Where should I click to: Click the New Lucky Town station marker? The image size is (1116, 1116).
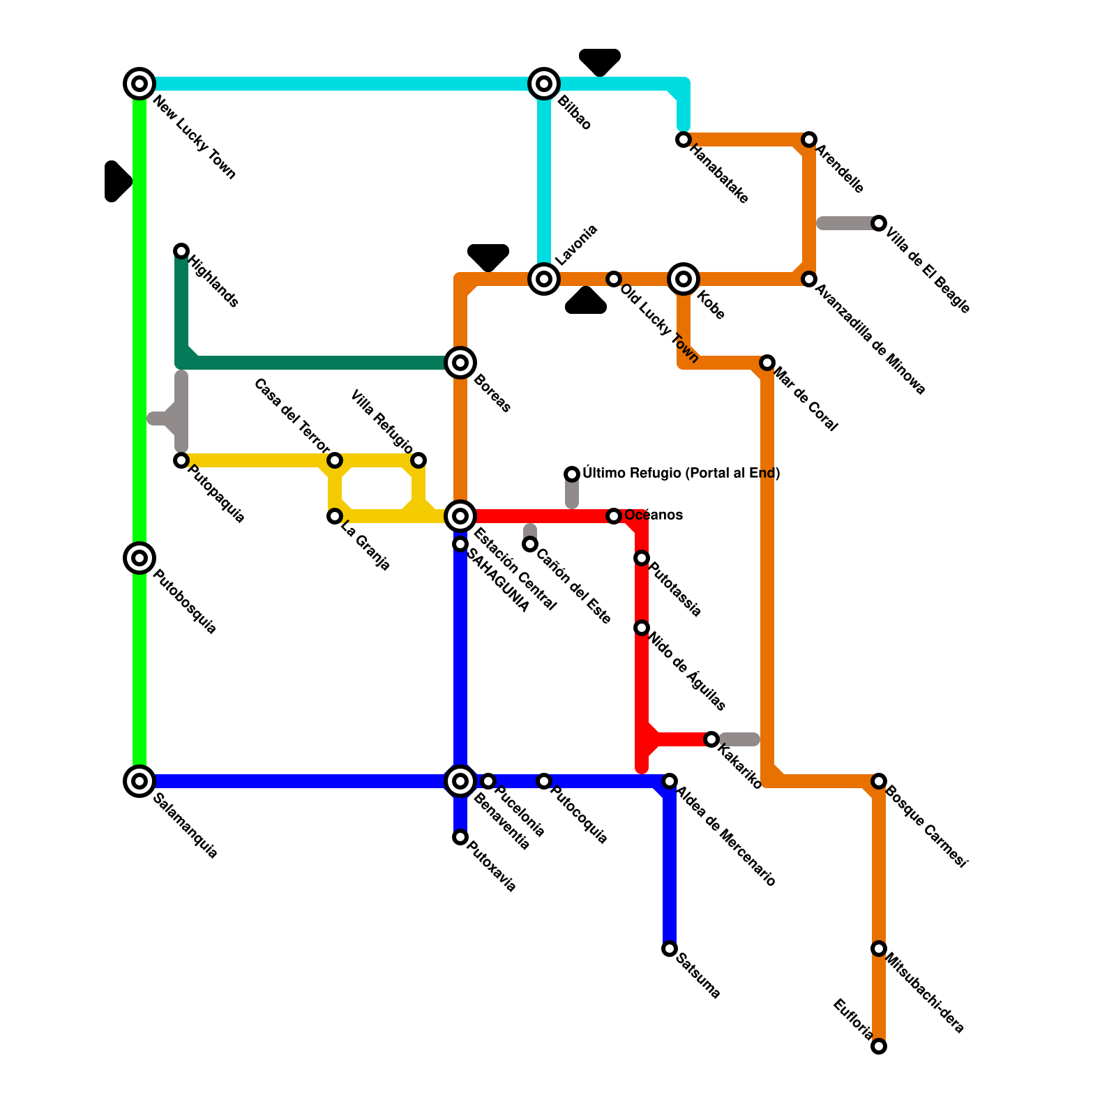pyautogui.click(x=139, y=84)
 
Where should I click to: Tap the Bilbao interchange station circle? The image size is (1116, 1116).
pyautogui.click(x=544, y=84)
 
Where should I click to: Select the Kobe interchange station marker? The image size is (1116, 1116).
pyautogui.click(x=684, y=279)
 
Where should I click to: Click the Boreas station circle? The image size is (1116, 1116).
pyautogui.click(x=460, y=363)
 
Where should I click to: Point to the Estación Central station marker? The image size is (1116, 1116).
pyautogui.click(x=460, y=516)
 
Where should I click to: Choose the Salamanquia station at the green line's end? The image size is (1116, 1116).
pyautogui.click(x=139, y=781)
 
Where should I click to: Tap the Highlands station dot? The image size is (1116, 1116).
pyautogui.click(x=181, y=251)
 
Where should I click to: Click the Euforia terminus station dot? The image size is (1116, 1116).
pyautogui.click(x=879, y=1046)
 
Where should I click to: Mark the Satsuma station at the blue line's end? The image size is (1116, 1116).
pyautogui.click(x=670, y=949)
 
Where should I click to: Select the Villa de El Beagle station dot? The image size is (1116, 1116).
pyautogui.click(x=879, y=223)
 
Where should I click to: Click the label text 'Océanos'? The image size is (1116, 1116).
pyautogui.click(x=654, y=515)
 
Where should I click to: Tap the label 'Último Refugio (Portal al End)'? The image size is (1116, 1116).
pyautogui.click(x=681, y=473)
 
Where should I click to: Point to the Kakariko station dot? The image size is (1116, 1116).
pyautogui.click(x=711, y=739)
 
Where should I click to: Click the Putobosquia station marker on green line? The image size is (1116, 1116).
pyautogui.click(x=139, y=558)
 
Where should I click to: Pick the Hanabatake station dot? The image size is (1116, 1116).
pyautogui.click(x=684, y=139)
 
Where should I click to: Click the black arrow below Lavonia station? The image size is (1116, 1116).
pyautogui.click(x=586, y=301)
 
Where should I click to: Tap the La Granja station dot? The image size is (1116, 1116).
pyautogui.click(x=335, y=516)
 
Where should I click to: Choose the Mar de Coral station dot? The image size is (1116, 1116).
pyautogui.click(x=767, y=363)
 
